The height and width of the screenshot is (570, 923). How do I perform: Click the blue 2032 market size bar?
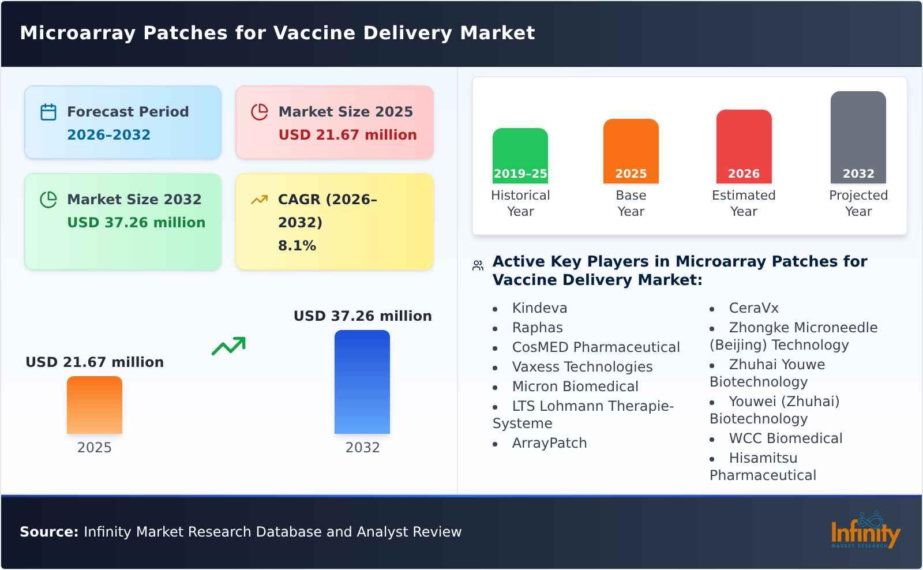[x=362, y=381]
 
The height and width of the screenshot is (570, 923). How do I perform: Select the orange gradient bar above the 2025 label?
[x=94, y=404]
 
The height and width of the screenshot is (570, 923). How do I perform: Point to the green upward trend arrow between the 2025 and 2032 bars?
[x=228, y=346]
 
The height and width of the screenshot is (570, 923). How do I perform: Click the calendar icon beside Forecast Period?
[x=48, y=112]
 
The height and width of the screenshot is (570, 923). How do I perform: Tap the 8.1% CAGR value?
[x=297, y=246]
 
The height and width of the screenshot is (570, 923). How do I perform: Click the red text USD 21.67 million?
[x=347, y=135]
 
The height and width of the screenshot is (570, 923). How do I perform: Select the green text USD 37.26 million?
[x=136, y=223]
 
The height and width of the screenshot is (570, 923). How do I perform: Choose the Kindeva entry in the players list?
[x=539, y=308]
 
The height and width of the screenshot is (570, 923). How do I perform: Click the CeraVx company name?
[x=753, y=308]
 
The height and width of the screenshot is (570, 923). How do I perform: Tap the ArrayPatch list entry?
[x=549, y=443]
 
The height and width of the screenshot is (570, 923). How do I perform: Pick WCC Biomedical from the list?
[x=785, y=438]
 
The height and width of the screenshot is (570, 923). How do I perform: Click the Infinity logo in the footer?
[x=865, y=531]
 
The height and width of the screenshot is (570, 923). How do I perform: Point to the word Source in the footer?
[x=48, y=532]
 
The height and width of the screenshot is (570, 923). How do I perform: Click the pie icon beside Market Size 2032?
[x=48, y=200]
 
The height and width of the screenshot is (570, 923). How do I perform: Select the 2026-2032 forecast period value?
[x=108, y=135]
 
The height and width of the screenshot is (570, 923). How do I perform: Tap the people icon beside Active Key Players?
[x=478, y=265]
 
